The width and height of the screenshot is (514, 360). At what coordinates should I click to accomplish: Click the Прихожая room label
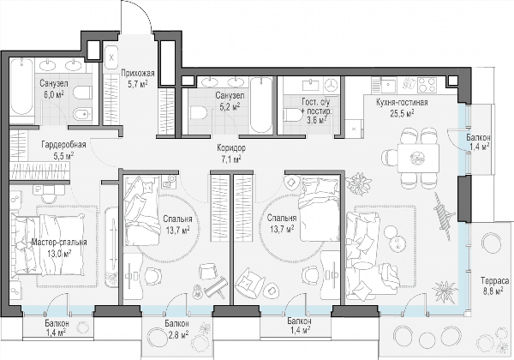[x=137, y=73]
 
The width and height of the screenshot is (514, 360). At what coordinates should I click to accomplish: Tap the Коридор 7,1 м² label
[x=231, y=153]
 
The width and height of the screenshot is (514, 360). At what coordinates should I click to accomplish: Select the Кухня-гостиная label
[x=402, y=103]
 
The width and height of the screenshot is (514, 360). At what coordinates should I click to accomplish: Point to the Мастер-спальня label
[x=59, y=243]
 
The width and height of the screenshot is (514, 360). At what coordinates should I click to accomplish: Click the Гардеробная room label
[x=63, y=145]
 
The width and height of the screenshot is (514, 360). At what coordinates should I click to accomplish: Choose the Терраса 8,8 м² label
[x=494, y=286]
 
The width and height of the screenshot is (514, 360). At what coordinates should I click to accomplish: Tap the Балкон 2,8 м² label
[x=176, y=329]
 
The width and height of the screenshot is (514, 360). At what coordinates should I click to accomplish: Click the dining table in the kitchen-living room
[x=418, y=158]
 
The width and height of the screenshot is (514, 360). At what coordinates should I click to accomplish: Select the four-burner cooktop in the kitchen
[x=427, y=85]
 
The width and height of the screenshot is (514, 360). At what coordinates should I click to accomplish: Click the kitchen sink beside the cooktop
[x=389, y=85]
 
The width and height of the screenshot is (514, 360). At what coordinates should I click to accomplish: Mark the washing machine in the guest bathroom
[x=332, y=86]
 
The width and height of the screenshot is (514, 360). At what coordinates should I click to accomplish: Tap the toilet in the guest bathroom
[x=294, y=115]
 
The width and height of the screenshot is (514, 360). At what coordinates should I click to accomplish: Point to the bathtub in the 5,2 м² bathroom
[x=261, y=105]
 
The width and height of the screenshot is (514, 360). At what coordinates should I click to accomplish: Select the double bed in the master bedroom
[x=48, y=244]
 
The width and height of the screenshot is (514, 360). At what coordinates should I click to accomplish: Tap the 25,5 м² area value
[x=402, y=113]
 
